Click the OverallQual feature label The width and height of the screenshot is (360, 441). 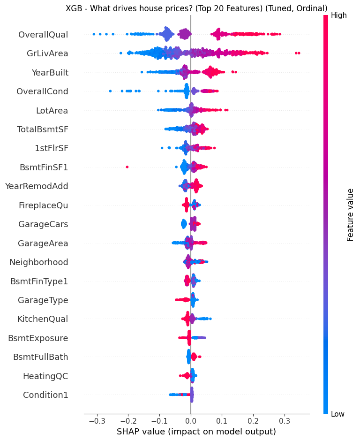43,34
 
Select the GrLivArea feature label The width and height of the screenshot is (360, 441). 47,53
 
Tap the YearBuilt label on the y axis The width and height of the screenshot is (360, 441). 50,72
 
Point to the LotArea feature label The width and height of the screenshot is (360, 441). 52,111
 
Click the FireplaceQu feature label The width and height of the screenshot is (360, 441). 43,205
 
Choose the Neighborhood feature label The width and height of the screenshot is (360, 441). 39,262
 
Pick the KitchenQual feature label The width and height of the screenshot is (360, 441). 43,319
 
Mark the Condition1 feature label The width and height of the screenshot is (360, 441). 45,395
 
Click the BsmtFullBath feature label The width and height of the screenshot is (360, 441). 40,357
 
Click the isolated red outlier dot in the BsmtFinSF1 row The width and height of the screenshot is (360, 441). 127,167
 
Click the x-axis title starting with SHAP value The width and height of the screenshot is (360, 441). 196,431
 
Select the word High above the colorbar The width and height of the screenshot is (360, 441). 338,15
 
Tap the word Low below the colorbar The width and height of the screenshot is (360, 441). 338,414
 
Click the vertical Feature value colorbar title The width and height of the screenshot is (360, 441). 350,214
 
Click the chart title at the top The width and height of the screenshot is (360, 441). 196,8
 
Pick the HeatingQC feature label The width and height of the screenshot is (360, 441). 45,376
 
